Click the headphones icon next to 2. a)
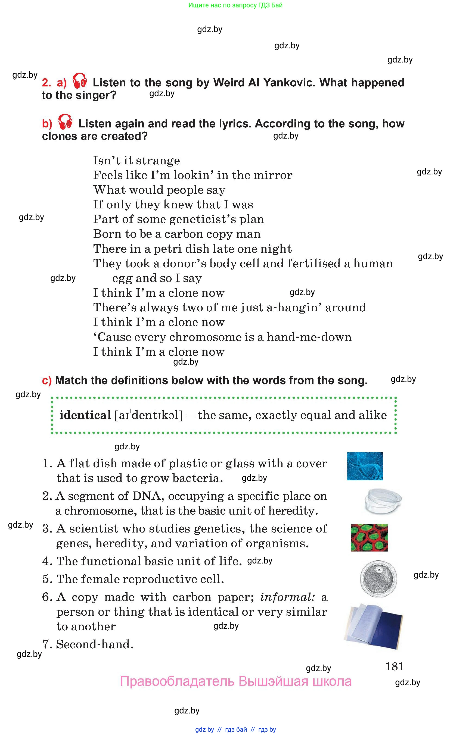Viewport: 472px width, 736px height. pos(80,81)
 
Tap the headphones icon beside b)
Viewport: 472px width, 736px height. pos(65,122)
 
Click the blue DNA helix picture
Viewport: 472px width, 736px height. pos(364,466)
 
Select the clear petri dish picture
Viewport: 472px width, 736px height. pos(383,501)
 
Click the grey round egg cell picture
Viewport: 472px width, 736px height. pos(378,578)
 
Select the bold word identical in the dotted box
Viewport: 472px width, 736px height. pos(85,415)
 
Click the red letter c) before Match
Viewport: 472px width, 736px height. pos(47,381)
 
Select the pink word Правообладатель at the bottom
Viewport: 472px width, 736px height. pos(177,681)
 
